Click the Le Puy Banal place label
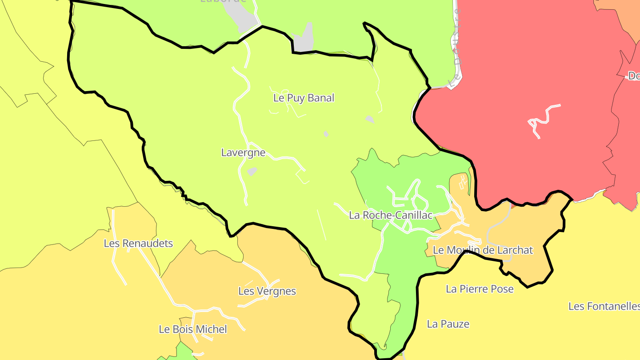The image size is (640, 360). click(x=304, y=98)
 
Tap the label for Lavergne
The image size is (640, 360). click(x=243, y=152)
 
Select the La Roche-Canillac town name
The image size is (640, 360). click(x=391, y=215)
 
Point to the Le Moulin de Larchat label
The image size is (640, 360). click(x=482, y=250)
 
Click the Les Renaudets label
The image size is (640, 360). click(x=138, y=243)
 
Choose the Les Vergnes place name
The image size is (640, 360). click(x=267, y=291)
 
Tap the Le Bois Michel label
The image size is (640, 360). click(x=193, y=329)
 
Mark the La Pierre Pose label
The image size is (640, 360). click(x=480, y=289)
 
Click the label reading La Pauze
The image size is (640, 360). click(x=448, y=324)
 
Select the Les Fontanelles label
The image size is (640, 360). click(x=604, y=306)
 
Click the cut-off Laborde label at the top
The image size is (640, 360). click(x=223, y=1)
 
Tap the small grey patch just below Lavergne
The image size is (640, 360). click(x=252, y=171)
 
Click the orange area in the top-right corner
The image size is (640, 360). click(x=622, y=13)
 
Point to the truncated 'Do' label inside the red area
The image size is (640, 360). click(x=633, y=76)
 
